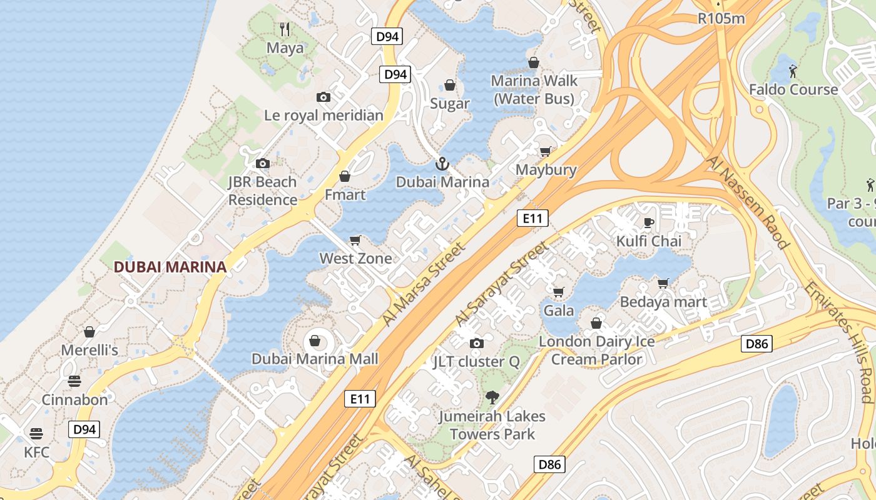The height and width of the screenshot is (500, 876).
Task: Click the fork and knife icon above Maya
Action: pyautogui.click(x=285, y=29)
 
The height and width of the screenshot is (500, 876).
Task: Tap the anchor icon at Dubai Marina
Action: pyautogui.click(x=442, y=164)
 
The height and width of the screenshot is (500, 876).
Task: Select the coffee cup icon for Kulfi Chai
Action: pyautogui.click(x=649, y=222)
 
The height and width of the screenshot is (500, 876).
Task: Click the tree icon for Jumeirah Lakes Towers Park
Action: pyautogui.click(x=492, y=397)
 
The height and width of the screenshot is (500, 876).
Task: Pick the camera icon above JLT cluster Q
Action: pyautogui.click(x=477, y=343)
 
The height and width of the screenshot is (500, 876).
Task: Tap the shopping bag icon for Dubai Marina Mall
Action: pyautogui.click(x=315, y=341)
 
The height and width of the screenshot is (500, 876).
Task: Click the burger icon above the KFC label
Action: pyautogui.click(x=36, y=434)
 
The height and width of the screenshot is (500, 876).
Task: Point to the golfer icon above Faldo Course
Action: pyautogui.click(x=793, y=71)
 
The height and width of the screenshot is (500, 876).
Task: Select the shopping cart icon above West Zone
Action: pyautogui.click(x=355, y=240)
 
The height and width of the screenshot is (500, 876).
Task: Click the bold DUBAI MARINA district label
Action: pyautogui.click(x=170, y=267)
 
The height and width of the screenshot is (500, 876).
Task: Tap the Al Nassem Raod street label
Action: pyautogui.click(x=746, y=202)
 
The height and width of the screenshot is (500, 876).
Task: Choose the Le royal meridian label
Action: pyautogui.click(x=323, y=115)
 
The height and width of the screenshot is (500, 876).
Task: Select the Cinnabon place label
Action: pyautogui.click(x=74, y=399)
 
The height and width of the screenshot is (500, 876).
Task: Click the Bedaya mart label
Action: pyautogui.click(x=663, y=302)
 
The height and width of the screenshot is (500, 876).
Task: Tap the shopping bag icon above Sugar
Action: pyautogui.click(x=450, y=85)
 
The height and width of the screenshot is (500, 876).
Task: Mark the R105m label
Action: pyautogui.click(x=721, y=18)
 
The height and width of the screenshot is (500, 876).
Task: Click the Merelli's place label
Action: pyautogui.click(x=89, y=350)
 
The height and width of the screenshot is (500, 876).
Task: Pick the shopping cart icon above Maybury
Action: pyautogui.click(x=546, y=151)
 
